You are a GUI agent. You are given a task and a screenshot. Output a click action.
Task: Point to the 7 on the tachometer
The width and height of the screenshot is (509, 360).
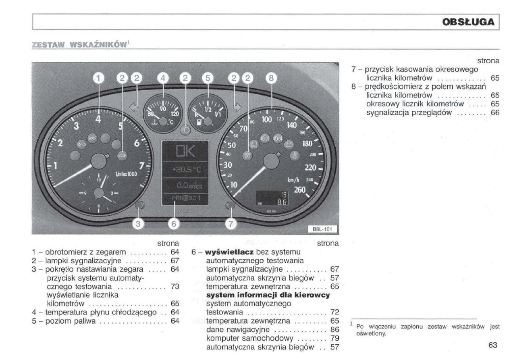141,165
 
